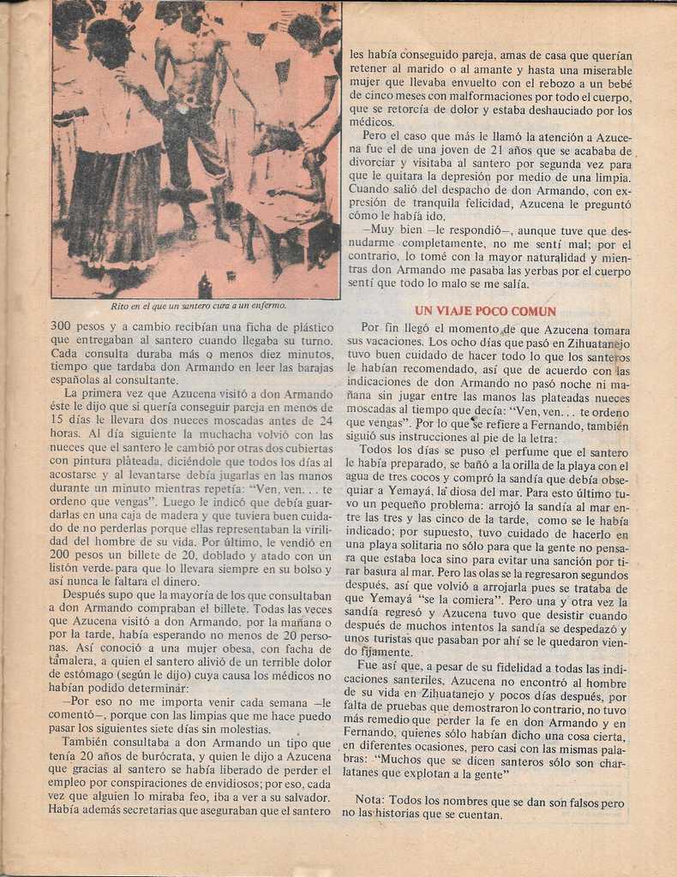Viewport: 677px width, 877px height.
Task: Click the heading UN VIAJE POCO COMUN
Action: (x=485, y=311)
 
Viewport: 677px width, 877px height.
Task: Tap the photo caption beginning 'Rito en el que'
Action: (x=198, y=305)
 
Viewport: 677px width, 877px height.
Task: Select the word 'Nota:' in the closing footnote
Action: (x=372, y=799)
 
